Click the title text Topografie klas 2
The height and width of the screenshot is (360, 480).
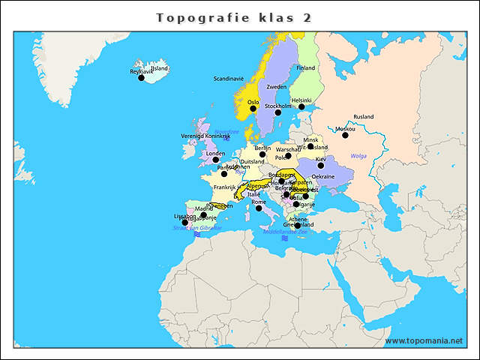(234, 16)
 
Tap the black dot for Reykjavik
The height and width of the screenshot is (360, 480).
(141, 78)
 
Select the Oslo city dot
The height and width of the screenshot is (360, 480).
(253, 109)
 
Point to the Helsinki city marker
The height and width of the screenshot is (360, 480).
(301, 106)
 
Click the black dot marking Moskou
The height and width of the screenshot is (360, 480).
(346, 135)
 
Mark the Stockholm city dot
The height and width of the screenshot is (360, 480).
(277, 112)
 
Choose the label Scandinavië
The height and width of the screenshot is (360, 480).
(229, 78)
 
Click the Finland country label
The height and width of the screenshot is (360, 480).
(306, 67)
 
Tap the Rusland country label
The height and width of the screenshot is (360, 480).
(364, 117)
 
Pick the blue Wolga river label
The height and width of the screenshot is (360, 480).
(359, 156)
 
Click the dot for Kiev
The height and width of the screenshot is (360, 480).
(321, 166)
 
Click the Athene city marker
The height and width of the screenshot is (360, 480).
(298, 226)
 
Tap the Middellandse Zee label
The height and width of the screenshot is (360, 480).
(286, 232)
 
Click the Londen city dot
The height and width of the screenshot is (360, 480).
(216, 160)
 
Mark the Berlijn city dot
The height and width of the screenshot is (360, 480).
(262, 154)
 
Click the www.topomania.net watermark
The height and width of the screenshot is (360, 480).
(424, 340)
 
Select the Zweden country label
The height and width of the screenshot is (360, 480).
(277, 87)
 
